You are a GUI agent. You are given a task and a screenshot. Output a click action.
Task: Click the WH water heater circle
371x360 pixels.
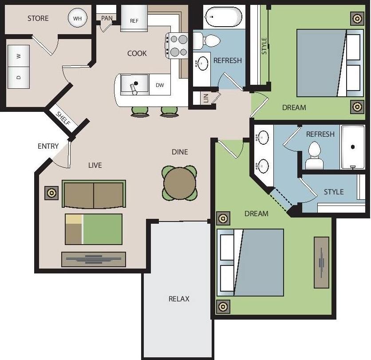tap(77, 19)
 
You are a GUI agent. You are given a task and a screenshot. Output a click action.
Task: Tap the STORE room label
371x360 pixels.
tap(38, 18)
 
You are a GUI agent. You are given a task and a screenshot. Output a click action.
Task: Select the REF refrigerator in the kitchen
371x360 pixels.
tap(134, 20)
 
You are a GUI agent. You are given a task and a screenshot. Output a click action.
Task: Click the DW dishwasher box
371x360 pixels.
tap(160, 85)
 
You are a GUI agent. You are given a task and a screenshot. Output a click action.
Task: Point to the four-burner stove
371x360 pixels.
tap(177, 45)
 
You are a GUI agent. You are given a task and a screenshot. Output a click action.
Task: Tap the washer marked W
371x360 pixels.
tap(19, 56)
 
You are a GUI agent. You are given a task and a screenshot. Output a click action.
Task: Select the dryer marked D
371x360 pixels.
tap(19, 77)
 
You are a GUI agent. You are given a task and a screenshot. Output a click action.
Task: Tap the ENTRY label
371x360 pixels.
tap(48, 146)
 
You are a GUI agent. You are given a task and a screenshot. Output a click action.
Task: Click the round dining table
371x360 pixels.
tap(179, 182)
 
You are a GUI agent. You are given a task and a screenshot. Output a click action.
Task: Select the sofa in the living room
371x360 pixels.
tap(94, 194)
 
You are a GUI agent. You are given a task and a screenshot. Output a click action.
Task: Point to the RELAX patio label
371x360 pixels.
tap(179, 299)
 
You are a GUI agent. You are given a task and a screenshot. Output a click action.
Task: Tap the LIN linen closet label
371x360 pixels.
tap(206, 99)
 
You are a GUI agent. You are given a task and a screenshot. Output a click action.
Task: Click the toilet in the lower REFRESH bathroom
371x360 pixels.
tap(315, 155)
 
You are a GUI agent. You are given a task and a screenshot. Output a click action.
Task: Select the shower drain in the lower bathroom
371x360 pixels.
tap(353, 146)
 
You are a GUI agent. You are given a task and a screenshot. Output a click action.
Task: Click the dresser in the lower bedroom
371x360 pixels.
tap(321, 262)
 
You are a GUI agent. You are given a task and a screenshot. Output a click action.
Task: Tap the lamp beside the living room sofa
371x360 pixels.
tap(51, 193)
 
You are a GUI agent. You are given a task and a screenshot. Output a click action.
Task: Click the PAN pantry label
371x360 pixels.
tap(107, 18)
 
